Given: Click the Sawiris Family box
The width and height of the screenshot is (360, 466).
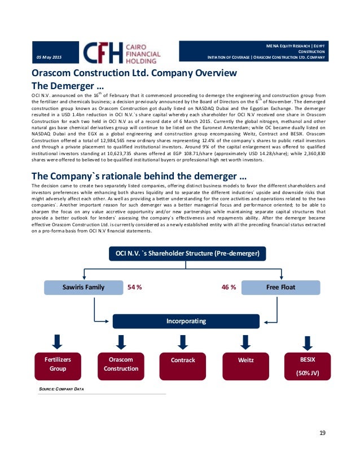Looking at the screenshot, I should (x=84, y=287).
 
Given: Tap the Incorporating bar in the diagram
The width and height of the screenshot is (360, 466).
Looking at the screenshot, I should (x=182, y=321).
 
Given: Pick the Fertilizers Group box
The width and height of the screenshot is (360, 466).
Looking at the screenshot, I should (x=58, y=364).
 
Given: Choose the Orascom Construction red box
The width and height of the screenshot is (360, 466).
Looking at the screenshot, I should (x=121, y=364).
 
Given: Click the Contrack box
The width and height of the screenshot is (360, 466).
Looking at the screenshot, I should (x=182, y=360).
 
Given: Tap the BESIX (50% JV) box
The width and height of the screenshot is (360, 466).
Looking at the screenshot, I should (x=308, y=366).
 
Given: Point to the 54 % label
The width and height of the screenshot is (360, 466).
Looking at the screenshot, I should (x=134, y=287).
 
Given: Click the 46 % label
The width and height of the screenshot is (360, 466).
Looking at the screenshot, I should (x=229, y=287).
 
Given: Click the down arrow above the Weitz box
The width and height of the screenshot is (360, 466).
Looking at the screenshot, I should (x=245, y=342).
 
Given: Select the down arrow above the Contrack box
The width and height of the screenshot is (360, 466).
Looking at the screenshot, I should (x=182, y=342).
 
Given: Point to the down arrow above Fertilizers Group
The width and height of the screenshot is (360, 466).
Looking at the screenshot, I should (x=58, y=342).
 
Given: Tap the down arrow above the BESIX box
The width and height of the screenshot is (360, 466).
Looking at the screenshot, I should (x=308, y=343).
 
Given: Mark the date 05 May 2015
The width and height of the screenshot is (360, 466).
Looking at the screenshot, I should (x=50, y=58).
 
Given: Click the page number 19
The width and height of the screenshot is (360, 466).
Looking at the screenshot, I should (x=322, y=433).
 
